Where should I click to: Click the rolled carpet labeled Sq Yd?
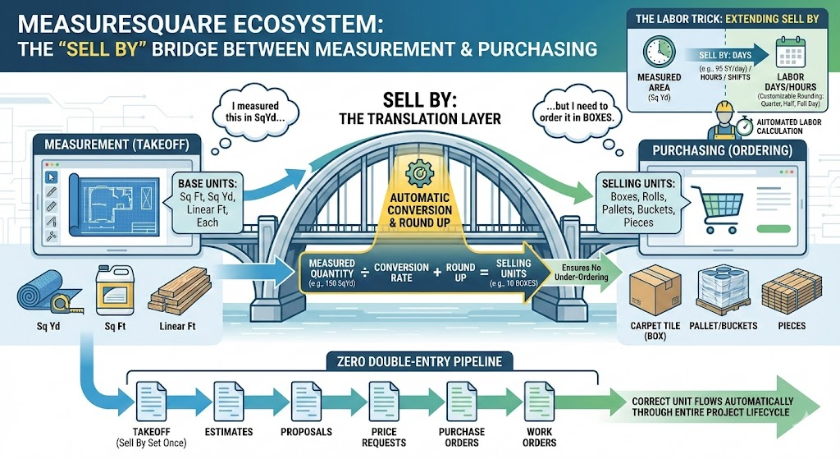40,292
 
